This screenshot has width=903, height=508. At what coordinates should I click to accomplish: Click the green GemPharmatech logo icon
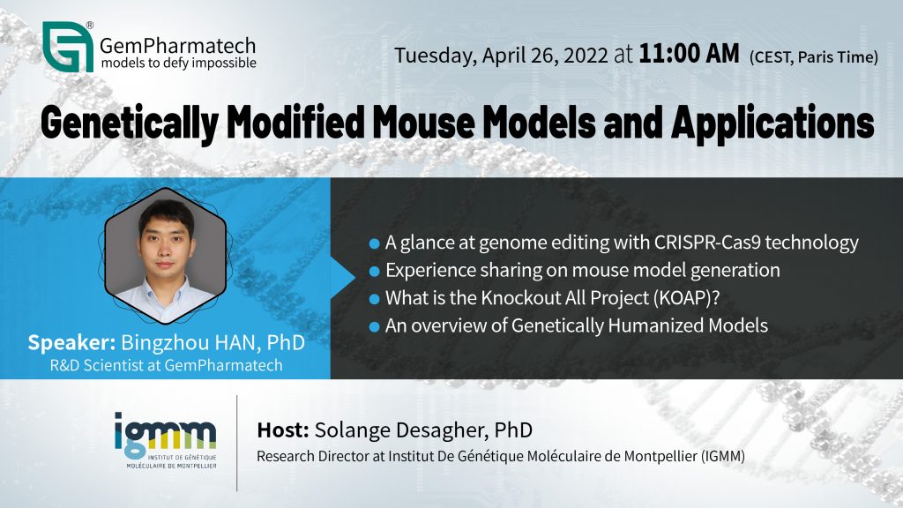tap(68, 47)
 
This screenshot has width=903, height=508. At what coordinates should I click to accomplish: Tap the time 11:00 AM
tap(689, 54)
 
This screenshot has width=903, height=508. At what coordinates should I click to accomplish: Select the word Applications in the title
tap(772, 123)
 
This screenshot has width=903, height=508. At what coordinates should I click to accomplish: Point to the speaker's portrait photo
tap(165, 256)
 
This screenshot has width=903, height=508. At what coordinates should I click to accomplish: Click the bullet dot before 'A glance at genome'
tap(374, 243)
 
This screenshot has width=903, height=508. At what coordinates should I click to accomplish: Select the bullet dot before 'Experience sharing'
tap(374, 272)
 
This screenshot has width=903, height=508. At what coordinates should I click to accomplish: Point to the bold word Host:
tap(283, 430)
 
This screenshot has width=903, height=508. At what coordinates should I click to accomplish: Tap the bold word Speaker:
tap(72, 343)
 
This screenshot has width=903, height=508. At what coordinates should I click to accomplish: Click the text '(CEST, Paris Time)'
tap(814, 57)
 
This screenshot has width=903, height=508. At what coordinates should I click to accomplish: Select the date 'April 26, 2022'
tap(545, 56)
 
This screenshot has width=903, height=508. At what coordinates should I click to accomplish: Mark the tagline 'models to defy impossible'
tap(178, 63)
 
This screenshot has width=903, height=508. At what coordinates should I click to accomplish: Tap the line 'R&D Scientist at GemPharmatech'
tap(166, 365)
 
